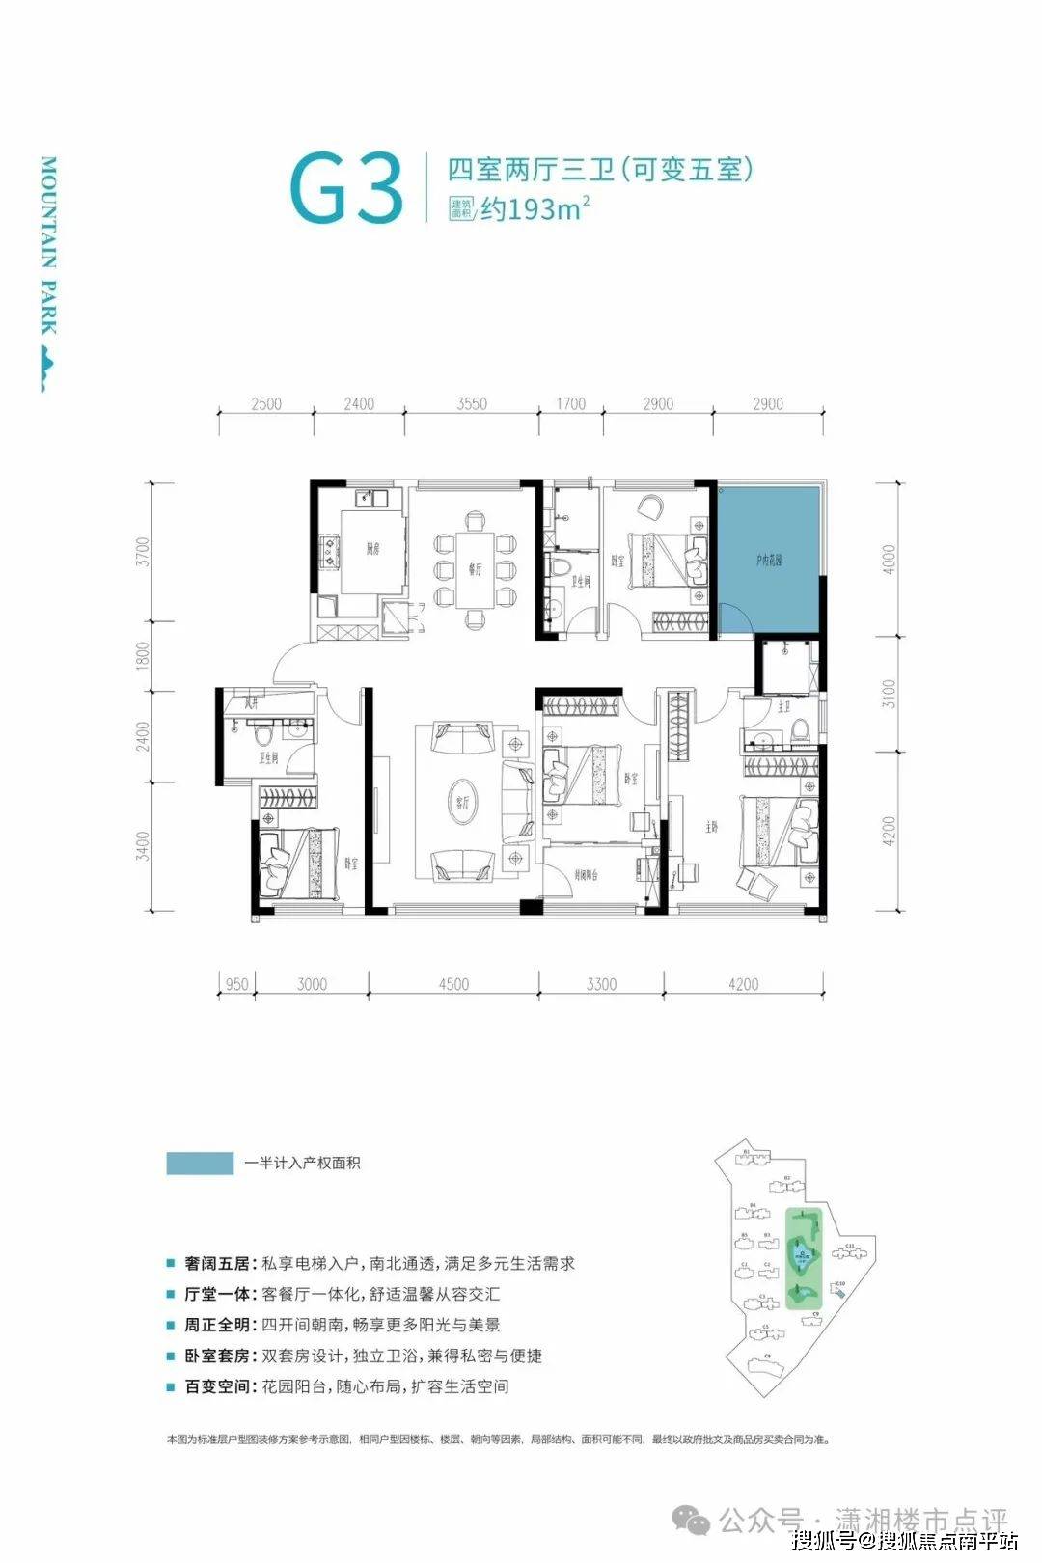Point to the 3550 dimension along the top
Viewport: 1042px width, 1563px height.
pos(472,403)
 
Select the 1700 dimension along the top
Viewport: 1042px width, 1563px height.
pos(569,403)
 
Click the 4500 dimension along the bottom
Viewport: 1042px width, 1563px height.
pos(453,984)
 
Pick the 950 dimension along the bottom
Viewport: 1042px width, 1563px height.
pos(236,984)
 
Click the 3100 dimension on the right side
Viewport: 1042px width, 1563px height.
pos(889,694)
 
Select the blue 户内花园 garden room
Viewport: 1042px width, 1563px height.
pos(768,560)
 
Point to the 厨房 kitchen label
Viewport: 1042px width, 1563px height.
pos(371,550)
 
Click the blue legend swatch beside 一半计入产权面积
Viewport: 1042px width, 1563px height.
pos(200,1164)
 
